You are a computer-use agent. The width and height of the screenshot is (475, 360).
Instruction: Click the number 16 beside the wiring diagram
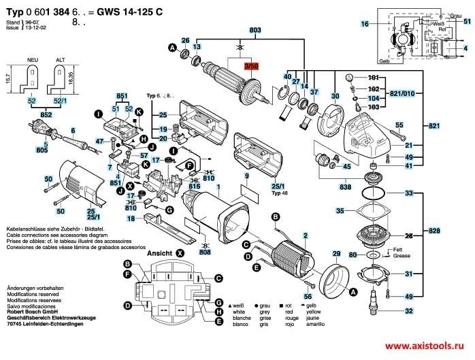coord(364,24)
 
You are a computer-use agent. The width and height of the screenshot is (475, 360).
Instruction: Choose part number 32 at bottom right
coord(408,311)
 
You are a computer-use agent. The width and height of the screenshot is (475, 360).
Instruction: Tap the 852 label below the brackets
coord(45,115)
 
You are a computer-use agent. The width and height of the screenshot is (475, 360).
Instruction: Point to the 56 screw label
coord(308,297)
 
